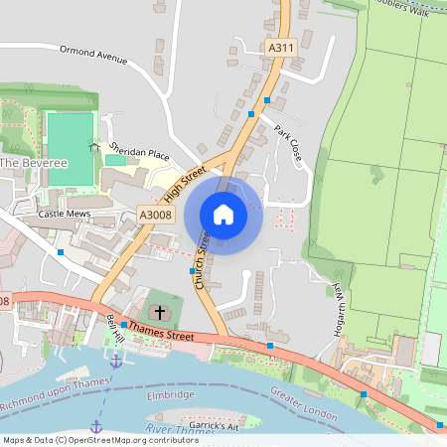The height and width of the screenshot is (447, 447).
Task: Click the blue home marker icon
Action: click(223, 215)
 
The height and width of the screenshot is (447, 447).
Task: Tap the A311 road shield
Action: click(281, 47)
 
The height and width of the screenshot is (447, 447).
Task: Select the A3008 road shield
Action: click(156, 214)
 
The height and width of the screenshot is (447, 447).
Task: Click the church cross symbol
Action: click(160, 312)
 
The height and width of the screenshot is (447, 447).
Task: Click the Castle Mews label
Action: click(64, 214)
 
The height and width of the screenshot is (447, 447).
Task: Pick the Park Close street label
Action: click(289, 145)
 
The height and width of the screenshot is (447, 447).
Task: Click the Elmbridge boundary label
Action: click(171, 394)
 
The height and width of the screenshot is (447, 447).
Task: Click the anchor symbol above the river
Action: click(116, 361)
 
